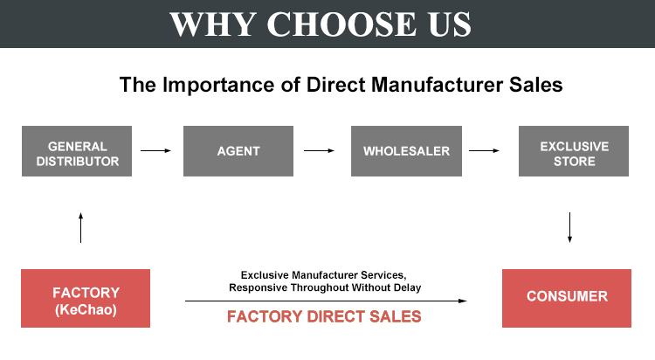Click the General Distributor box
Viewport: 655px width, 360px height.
[x=78, y=151]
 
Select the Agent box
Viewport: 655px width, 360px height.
[x=238, y=151]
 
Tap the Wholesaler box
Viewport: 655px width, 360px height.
[x=406, y=151]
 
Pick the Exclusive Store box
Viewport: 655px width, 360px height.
[x=574, y=151]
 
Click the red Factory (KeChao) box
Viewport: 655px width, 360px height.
[x=86, y=299]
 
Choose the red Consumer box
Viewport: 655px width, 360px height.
[x=567, y=297]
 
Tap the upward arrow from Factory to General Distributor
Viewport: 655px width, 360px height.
[x=80, y=226]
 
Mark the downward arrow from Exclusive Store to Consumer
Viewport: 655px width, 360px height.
[x=569, y=226]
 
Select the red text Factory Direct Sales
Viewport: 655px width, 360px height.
[x=324, y=316]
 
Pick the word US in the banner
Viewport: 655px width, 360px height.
[x=450, y=24]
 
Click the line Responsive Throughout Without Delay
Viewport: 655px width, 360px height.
[x=325, y=287]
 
